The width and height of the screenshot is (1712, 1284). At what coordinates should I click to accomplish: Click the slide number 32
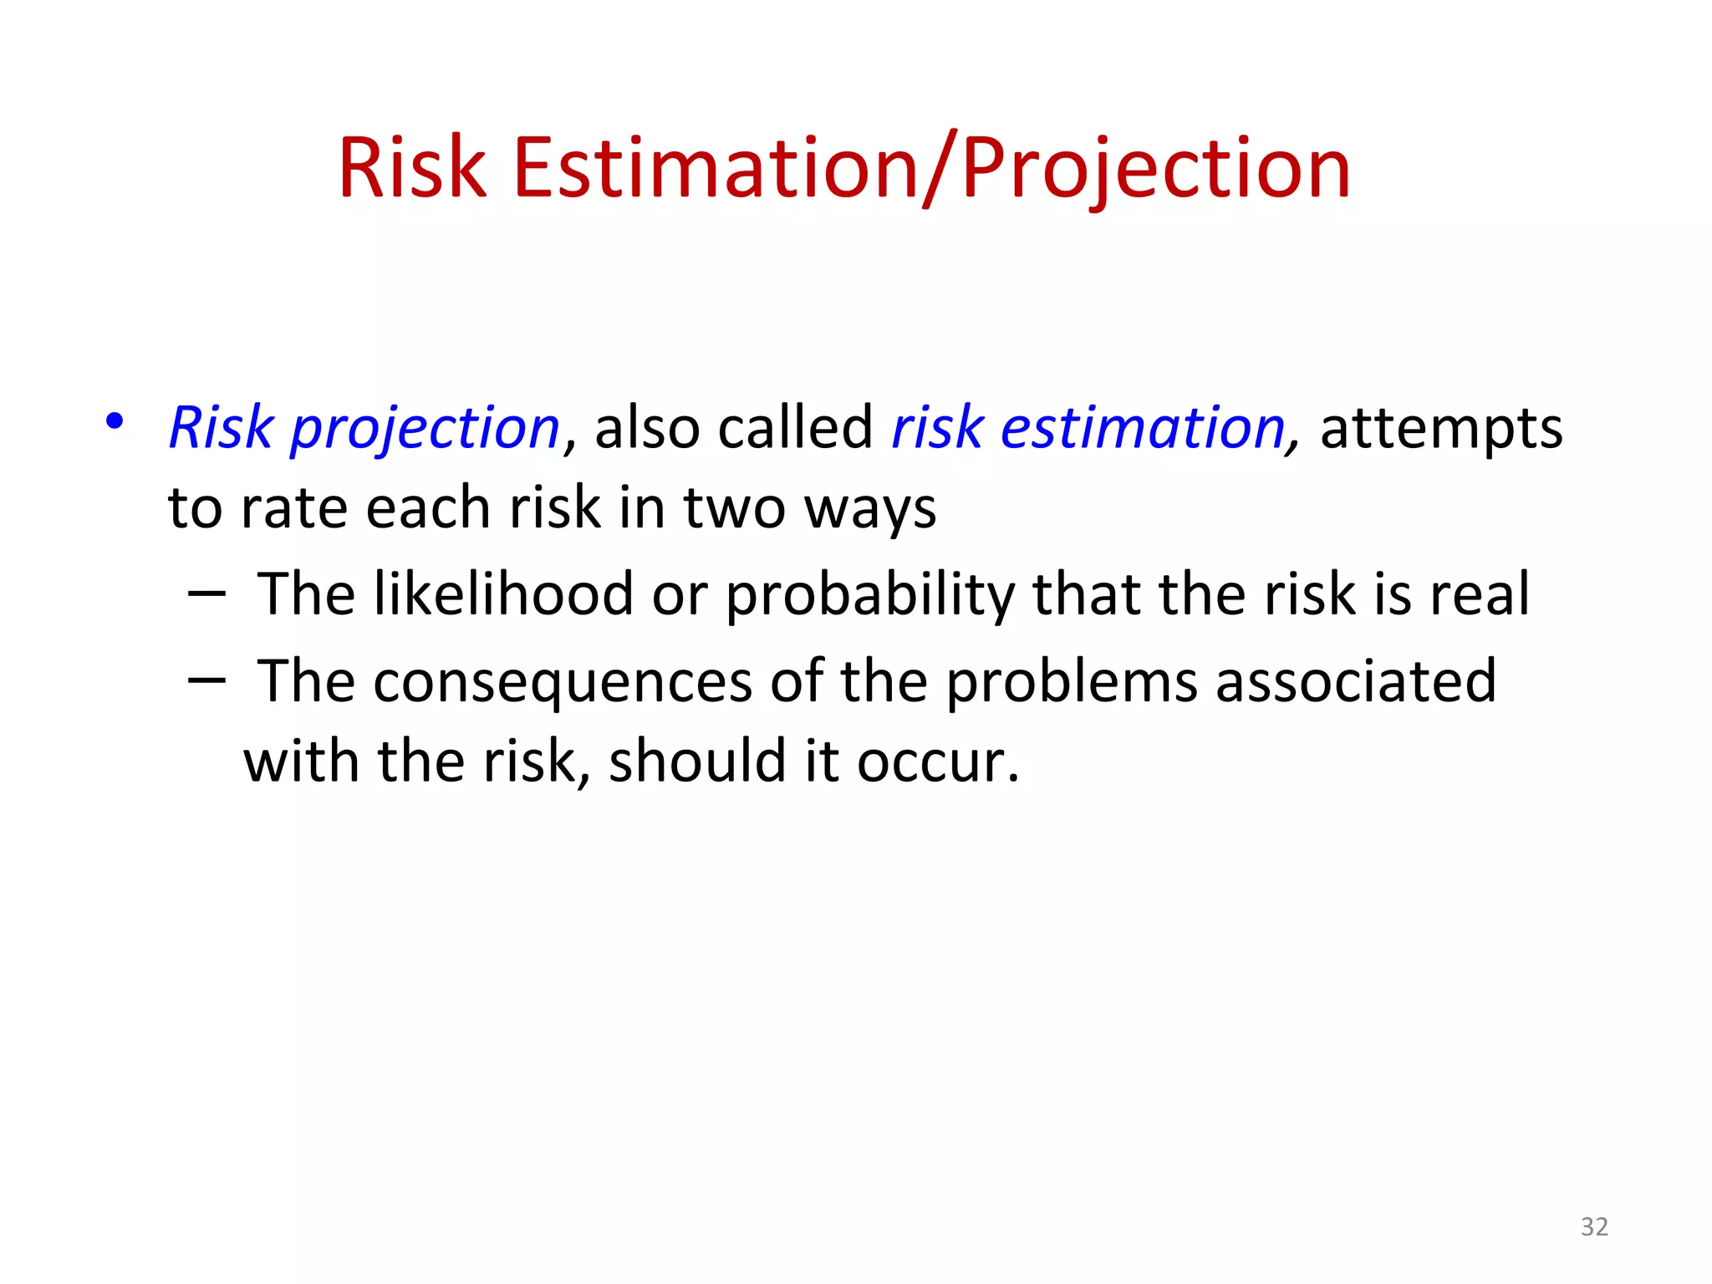point(1594,1226)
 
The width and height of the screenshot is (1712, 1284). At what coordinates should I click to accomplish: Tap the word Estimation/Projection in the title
point(932,169)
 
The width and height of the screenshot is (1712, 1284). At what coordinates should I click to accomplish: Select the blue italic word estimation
point(1142,428)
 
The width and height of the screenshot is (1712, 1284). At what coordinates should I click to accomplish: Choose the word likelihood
point(503,594)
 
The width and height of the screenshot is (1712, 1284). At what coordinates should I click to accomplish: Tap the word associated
point(1355,681)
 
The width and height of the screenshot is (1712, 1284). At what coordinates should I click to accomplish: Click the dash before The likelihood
point(206,594)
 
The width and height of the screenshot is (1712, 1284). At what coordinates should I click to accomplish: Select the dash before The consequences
point(206,681)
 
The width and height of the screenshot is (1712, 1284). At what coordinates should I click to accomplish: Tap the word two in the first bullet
point(734,508)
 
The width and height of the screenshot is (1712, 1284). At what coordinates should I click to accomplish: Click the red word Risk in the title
point(412,169)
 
